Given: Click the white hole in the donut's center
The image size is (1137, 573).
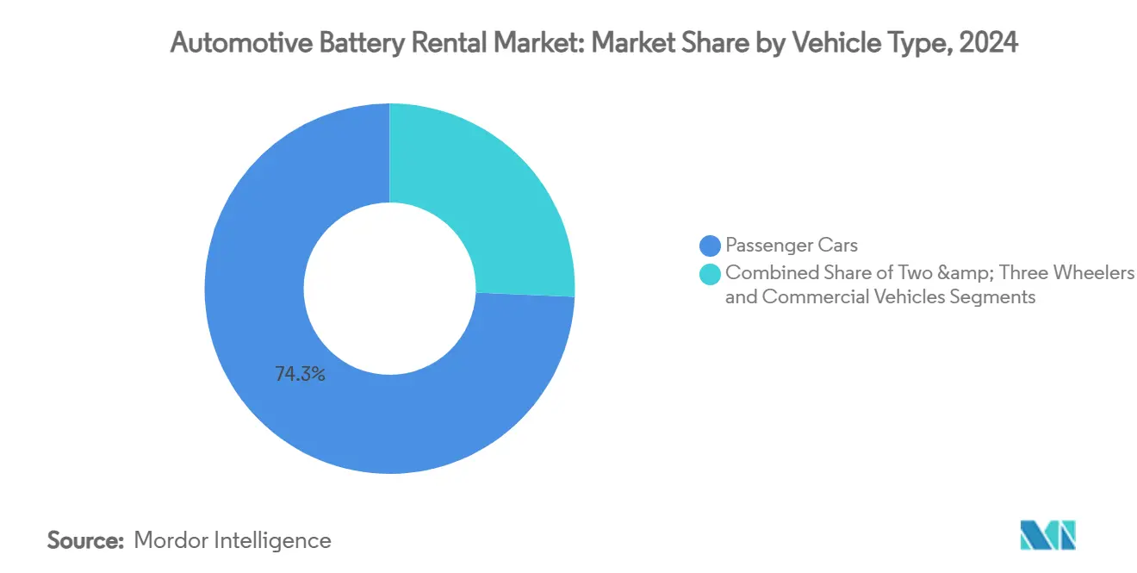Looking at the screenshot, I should (389, 289).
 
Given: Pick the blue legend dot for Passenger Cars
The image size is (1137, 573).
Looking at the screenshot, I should (711, 246).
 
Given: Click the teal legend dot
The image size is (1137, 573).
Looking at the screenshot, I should (711, 273).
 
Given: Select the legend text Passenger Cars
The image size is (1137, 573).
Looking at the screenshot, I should (791, 246).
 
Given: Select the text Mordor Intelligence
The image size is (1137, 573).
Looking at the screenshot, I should (233, 540).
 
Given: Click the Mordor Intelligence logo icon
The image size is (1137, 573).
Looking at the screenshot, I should (1047, 536).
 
